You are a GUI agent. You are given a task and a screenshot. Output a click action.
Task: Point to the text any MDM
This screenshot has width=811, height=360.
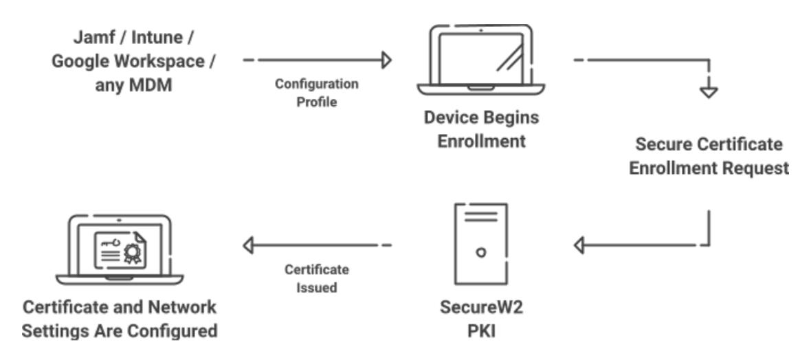(130, 87)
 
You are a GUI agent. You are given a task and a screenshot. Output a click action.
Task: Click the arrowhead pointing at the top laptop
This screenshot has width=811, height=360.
(386, 60)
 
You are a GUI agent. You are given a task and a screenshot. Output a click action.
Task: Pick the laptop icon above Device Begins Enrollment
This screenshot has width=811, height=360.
(480, 60)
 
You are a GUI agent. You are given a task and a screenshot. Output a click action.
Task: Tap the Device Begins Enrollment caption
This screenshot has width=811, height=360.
(480, 130)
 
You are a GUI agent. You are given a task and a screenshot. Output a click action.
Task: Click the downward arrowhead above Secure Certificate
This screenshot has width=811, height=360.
(707, 91)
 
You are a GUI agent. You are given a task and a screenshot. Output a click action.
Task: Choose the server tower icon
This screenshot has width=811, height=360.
(481, 244)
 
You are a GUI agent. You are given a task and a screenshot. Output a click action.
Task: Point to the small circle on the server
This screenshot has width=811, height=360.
(481, 251)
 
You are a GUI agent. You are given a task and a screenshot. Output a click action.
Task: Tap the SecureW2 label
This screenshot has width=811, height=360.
(480, 306)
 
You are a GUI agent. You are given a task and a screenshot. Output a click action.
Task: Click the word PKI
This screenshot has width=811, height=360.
(480, 330)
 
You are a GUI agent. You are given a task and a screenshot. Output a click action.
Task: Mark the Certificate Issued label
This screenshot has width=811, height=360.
(317, 278)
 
